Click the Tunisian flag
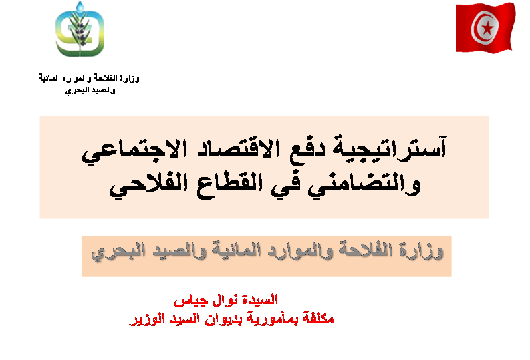click(x=486, y=27)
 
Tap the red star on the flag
click(x=487, y=28)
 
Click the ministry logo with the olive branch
click(x=80, y=29)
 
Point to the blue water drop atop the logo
click(x=80, y=6)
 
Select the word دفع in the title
click(x=307, y=149)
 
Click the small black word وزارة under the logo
click(x=130, y=79)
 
